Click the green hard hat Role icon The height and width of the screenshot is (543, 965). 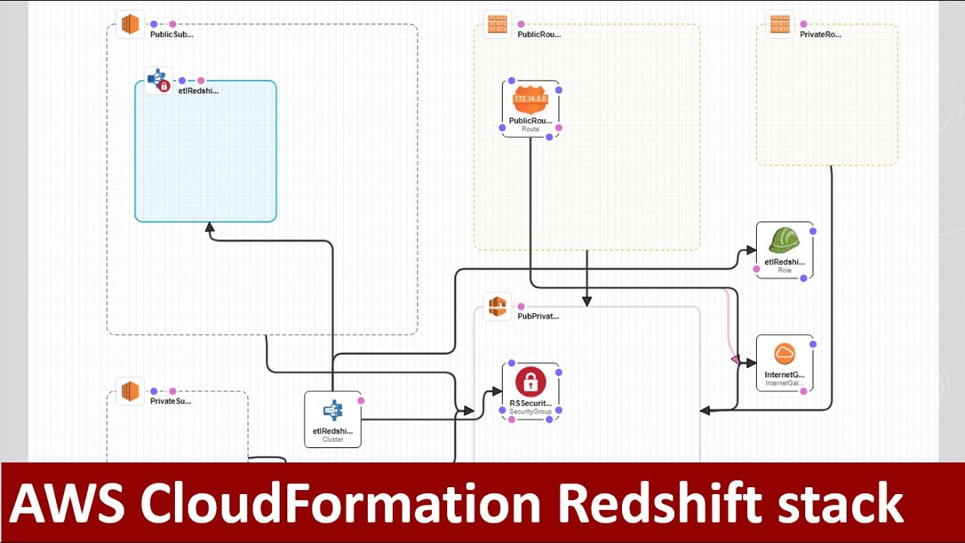tap(784, 241)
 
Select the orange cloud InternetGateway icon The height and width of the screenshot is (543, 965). tap(784, 354)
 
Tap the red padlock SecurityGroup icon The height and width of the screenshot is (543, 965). tap(530, 382)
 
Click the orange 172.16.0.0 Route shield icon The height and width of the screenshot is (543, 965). tap(530, 100)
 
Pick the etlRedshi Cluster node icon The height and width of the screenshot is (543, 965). tap(332, 411)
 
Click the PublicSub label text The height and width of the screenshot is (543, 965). tap(171, 35)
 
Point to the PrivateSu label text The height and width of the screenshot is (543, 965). tap(170, 401)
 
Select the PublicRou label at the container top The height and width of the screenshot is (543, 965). tap(539, 35)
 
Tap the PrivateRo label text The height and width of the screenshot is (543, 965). tap(820, 35)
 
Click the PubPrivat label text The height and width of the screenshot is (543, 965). tap(538, 317)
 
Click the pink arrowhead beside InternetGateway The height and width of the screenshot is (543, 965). tap(735, 360)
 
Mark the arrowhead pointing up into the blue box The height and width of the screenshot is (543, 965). tap(210, 227)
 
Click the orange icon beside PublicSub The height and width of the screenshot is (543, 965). tap(130, 24)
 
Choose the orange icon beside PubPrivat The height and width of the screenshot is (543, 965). tap(497, 306)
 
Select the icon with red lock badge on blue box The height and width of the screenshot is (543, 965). tap(158, 81)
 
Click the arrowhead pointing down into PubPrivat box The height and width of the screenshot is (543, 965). tap(587, 301)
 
